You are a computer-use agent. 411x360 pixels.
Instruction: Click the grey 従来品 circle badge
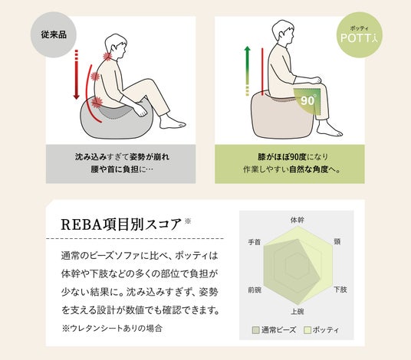point(54,34)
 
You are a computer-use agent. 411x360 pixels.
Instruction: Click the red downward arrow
point(76,74)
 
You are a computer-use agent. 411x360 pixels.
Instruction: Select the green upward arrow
point(247,70)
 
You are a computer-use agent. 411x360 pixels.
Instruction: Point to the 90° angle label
point(307,100)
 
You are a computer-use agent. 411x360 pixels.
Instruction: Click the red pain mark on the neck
point(107,56)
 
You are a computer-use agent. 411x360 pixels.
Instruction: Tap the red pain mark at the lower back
point(97,102)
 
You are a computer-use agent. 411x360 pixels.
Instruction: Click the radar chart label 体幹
point(298,220)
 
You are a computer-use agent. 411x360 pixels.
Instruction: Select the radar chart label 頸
point(337,241)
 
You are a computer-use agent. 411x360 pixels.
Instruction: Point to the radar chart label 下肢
point(340,290)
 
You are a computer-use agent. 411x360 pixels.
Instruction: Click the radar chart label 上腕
point(298,312)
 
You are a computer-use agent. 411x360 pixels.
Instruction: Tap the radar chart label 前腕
point(255,290)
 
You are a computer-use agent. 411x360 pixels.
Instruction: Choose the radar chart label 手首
point(255,242)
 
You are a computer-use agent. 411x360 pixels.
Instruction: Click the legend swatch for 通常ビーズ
point(255,330)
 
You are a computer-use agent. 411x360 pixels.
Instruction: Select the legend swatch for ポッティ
point(307,330)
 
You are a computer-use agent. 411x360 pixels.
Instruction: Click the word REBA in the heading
point(81,224)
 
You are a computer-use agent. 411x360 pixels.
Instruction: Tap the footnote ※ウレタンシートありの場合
point(112,329)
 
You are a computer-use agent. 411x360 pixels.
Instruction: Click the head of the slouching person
point(116,47)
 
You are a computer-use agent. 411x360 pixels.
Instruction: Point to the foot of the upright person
point(330,130)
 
